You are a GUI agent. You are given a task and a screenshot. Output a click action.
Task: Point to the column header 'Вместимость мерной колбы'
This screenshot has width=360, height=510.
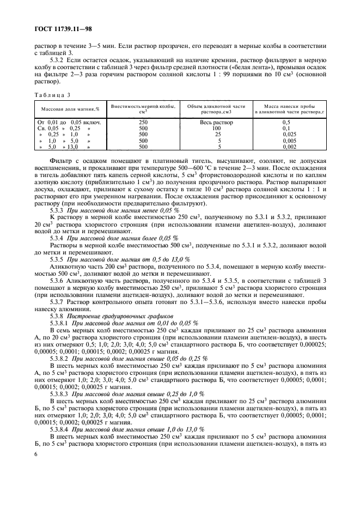tap(143, 106)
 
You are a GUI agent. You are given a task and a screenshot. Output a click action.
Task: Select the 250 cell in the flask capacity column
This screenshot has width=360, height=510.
tap(143, 122)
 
